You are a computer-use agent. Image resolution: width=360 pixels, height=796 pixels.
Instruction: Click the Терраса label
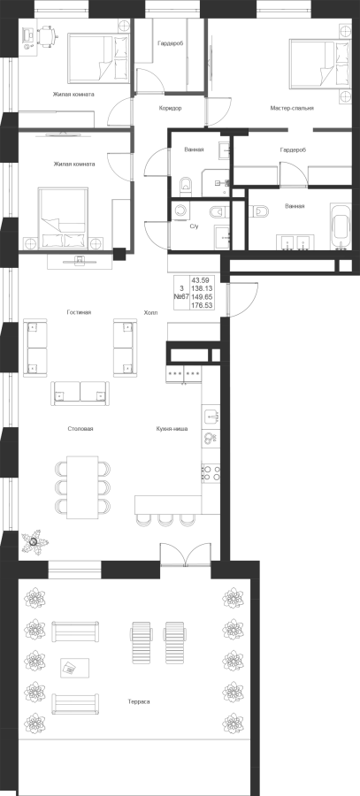[x=139, y=701]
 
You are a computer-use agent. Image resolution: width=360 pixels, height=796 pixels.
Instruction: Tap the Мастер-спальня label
[x=292, y=108]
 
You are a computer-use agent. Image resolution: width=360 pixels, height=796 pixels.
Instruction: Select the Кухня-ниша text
[x=172, y=429]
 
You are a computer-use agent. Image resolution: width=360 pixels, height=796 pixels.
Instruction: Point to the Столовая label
[x=80, y=429]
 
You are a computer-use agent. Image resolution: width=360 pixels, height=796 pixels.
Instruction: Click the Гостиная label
[x=79, y=313]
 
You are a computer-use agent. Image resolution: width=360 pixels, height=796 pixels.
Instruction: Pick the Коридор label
[x=170, y=109]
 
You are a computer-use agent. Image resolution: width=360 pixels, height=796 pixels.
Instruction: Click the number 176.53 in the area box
[x=202, y=305]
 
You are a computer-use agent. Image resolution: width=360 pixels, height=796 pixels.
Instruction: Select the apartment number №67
[x=181, y=296]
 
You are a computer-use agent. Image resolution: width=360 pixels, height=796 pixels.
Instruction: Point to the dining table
[x=83, y=487]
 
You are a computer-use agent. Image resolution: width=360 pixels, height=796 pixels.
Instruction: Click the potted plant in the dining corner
[x=34, y=541]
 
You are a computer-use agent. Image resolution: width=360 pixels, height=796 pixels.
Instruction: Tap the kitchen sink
[x=211, y=417]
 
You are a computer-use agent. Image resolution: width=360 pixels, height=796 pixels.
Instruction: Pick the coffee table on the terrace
[x=74, y=667]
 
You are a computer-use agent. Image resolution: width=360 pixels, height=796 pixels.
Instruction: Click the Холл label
[x=150, y=313]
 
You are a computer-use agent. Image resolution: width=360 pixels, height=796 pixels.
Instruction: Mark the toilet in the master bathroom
[x=259, y=211]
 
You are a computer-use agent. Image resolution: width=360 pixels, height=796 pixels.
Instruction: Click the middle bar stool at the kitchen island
[x=165, y=520]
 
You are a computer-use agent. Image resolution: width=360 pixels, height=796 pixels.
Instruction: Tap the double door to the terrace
[x=186, y=555]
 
